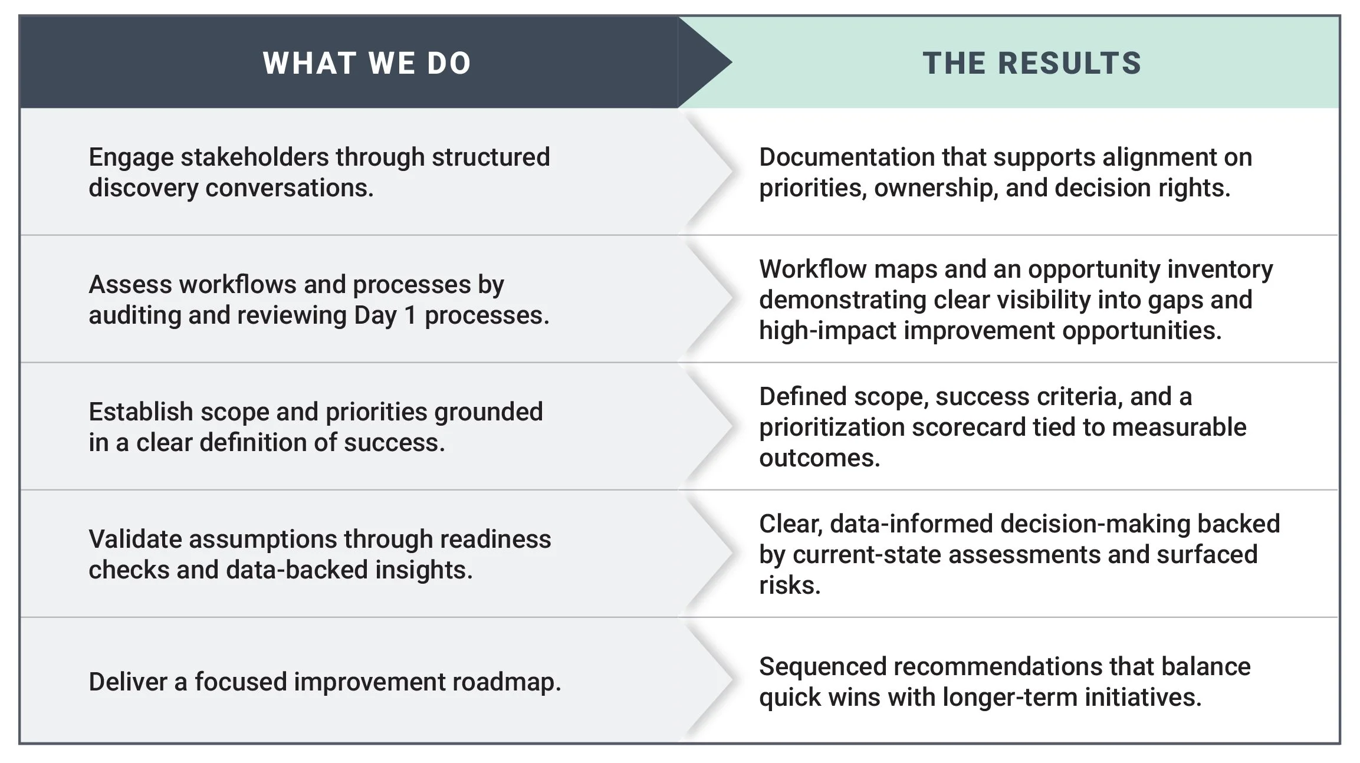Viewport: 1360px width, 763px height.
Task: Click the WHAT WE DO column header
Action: tap(367, 63)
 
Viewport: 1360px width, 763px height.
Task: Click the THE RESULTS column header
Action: tap(1032, 63)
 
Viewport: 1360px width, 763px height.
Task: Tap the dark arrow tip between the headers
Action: tap(711, 62)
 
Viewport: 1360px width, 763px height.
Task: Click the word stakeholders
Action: tap(254, 157)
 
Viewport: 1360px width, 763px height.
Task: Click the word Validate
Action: tap(134, 540)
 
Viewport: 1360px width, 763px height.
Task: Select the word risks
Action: tap(789, 586)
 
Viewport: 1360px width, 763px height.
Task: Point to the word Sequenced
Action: tap(822, 667)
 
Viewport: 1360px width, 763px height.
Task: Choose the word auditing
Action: tap(134, 315)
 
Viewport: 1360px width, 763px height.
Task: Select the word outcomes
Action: tap(819, 458)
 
